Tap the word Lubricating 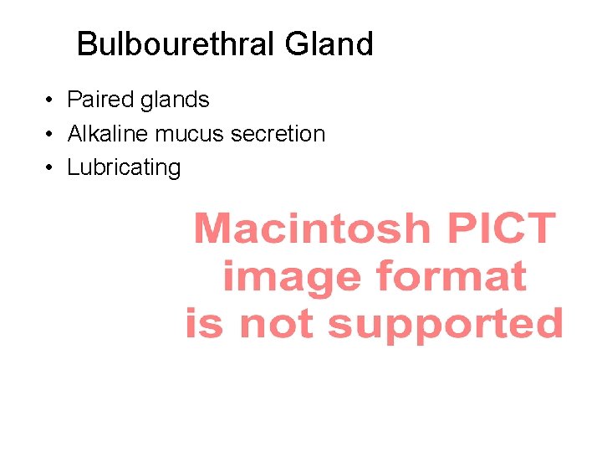[124, 167]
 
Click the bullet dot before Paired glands [51, 100]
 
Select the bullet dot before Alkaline [51, 134]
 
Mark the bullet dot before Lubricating [51, 167]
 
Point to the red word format [451, 275]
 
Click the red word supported [445, 324]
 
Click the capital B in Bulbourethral [85, 44]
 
